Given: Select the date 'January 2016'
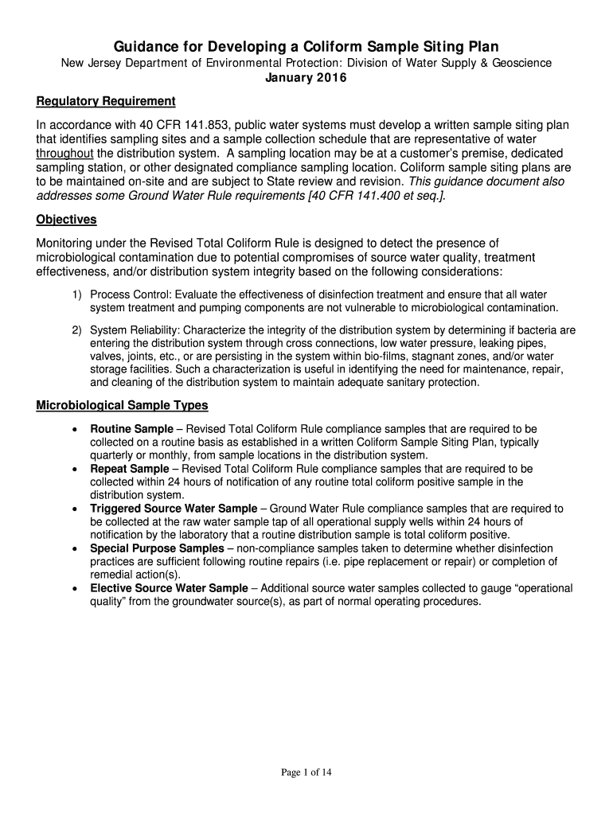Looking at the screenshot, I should coord(306,78).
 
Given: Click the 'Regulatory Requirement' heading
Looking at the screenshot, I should coord(106,102).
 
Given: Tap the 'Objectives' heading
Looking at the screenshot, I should coord(67,219).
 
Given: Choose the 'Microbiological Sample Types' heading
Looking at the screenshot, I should coord(123,405).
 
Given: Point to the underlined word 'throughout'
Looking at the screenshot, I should coord(65,153).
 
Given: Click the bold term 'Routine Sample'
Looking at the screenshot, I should coord(131,429).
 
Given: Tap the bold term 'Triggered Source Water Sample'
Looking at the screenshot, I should coord(174,509).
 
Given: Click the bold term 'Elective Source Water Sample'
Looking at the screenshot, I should coord(169,588).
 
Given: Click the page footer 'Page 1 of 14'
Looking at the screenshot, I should coord(306,770).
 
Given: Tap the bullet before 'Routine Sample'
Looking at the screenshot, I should coord(74,430).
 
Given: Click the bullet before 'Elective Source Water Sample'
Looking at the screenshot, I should coord(74,589).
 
